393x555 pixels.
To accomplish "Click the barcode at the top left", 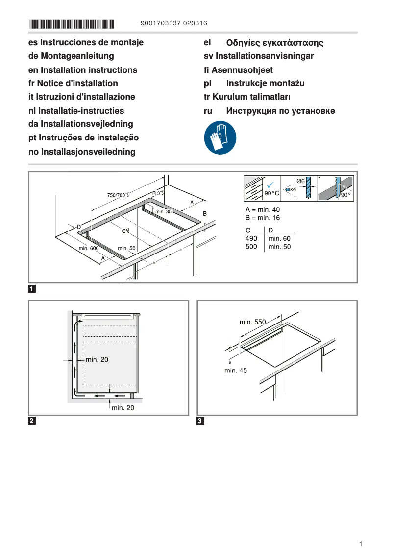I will [x=71, y=23].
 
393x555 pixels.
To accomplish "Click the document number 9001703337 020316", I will [x=173, y=23].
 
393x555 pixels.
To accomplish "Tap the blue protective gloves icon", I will [x=220, y=138].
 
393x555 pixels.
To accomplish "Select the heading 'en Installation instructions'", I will [x=83, y=70].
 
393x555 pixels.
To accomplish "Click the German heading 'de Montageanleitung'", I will [x=71, y=56].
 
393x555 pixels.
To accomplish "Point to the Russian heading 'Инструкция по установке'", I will [x=280, y=111].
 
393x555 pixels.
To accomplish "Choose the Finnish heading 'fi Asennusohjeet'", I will [x=238, y=70].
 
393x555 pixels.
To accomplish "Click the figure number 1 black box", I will [x=32, y=289].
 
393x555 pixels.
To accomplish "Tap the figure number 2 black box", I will [x=32, y=421].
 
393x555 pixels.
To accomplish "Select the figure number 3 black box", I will [x=200, y=421].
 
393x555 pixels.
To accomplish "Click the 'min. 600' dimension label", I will [x=89, y=249].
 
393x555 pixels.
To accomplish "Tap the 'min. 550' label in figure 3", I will [x=252, y=322].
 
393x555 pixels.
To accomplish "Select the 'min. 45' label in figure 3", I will [x=236, y=370].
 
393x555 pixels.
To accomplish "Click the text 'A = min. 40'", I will [x=263, y=209].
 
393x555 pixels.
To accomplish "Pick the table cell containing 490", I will [x=251, y=238].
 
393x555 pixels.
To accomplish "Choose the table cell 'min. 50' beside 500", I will [x=279, y=247].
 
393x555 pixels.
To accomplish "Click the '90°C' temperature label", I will [x=271, y=194].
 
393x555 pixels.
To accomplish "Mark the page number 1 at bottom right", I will [x=361, y=544].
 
